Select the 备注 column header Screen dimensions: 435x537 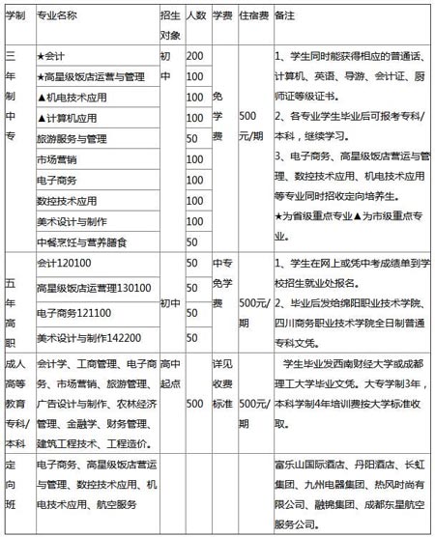pos(287,16)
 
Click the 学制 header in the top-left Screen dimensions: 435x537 pos(15,16)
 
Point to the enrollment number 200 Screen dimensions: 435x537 pos(194,56)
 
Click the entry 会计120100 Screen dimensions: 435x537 pos(62,264)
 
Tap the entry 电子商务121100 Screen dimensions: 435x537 pos(72,313)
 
